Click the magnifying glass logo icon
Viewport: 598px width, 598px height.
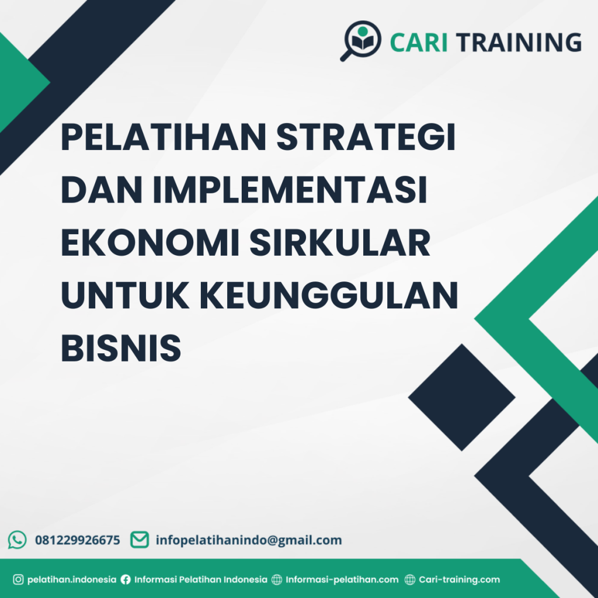pyautogui.click(x=360, y=40)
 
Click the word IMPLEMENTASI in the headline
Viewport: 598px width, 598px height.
pyautogui.click(x=290, y=192)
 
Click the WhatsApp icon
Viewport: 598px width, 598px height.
pyautogui.click(x=18, y=540)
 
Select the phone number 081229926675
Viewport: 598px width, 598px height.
pyautogui.click(x=78, y=540)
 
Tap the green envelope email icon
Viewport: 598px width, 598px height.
pyautogui.click(x=139, y=540)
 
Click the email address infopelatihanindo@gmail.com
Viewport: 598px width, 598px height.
pyautogui.click(x=249, y=540)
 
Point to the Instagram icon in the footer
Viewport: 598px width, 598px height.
pyautogui.click(x=18, y=580)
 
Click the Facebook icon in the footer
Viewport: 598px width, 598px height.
pyautogui.click(x=126, y=580)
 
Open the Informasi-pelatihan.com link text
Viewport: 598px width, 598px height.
pyautogui.click(x=342, y=580)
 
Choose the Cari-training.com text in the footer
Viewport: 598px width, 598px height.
pyautogui.click(x=460, y=580)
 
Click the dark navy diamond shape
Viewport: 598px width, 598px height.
pyautogui.click(x=461, y=397)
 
